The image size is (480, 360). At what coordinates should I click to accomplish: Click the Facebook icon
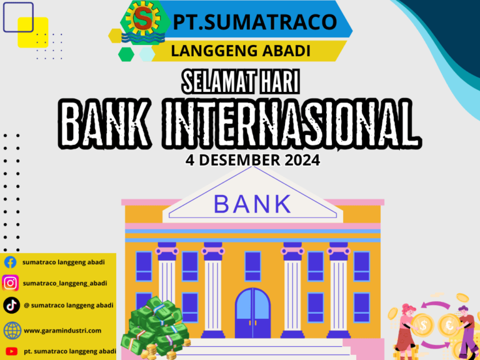pos(11,262)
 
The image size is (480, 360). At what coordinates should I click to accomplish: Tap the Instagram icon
pos(11,283)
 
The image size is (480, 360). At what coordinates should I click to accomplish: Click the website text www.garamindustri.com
pos(62,330)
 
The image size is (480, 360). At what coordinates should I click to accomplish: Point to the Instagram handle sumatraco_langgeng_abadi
pos(64,283)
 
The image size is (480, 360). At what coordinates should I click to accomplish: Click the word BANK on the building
pos(252,204)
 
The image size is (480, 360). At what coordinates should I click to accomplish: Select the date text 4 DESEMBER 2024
pos(252,160)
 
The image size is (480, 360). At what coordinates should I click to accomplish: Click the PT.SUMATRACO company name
pos(255,22)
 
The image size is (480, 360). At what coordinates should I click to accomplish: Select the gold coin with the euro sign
pos(448,325)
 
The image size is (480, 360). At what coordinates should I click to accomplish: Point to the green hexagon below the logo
pos(126,54)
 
